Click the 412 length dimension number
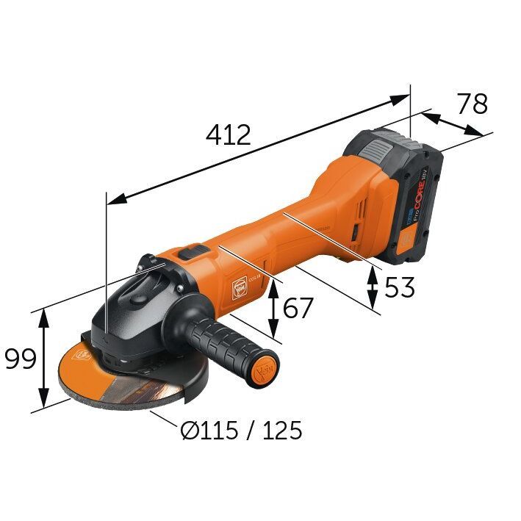229,134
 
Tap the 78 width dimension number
472,104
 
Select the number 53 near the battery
399,287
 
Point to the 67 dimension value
298,307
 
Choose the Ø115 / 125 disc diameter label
241,431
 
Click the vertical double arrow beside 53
373,286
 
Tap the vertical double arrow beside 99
44,359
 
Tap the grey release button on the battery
376,152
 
